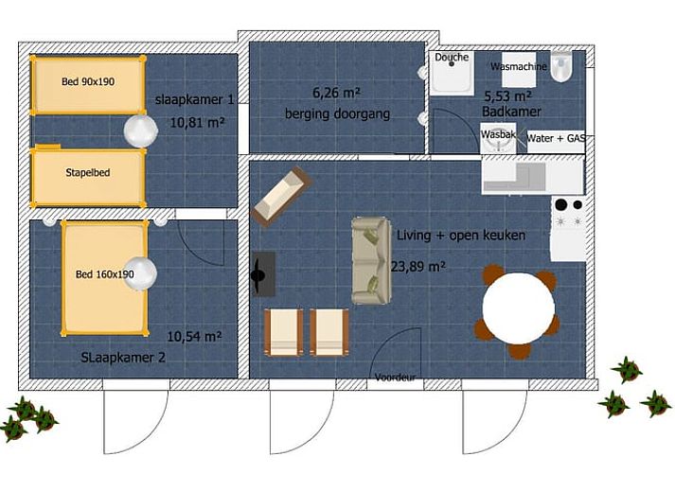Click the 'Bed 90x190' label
[x=88, y=81]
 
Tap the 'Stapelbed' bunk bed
[x=88, y=176]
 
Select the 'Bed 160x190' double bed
[x=104, y=277]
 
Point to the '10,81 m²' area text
[x=197, y=123]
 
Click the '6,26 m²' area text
[x=336, y=93]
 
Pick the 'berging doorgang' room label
[x=337, y=114]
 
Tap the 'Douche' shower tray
[x=452, y=72]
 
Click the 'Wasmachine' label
[x=518, y=66]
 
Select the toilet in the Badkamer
[x=561, y=66]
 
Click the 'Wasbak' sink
[x=498, y=138]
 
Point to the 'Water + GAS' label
[x=556, y=138]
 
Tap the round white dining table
[x=518, y=307]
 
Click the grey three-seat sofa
[x=371, y=261]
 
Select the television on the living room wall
[x=263, y=274]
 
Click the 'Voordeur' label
[x=395, y=377]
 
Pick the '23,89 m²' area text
[x=418, y=267]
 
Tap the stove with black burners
[x=568, y=213]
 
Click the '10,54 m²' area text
[x=194, y=336]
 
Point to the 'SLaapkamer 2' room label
[x=123, y=358]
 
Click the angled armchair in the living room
[x=281, y=196]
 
